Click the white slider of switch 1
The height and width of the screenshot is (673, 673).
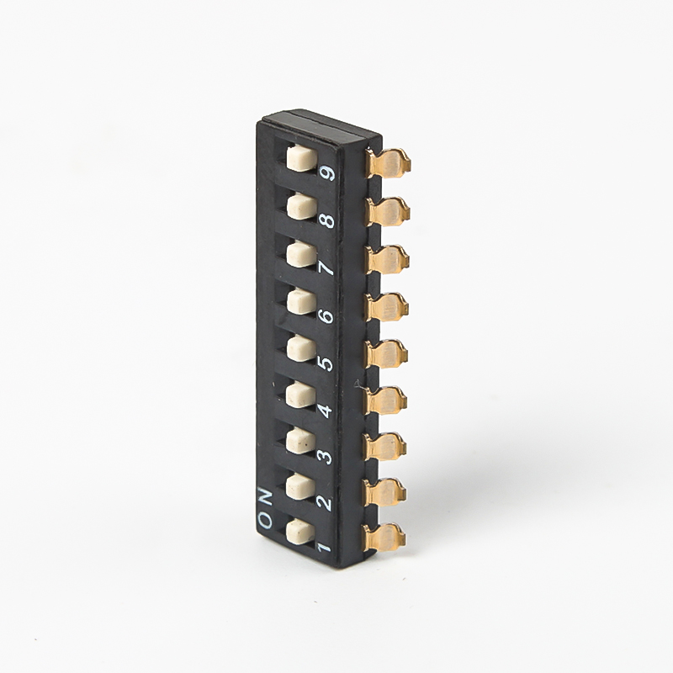[x=300, y=531]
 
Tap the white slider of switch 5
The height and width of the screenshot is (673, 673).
[x=301, y=347]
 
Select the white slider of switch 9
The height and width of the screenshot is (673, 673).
[x=302, y=158]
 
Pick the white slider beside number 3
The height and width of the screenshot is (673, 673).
[x=300, y=440]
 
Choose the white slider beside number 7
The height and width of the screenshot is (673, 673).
[x=302, y=254]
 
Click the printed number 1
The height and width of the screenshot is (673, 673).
[x=325, y=547]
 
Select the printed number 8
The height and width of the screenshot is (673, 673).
[x=327, y=220]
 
